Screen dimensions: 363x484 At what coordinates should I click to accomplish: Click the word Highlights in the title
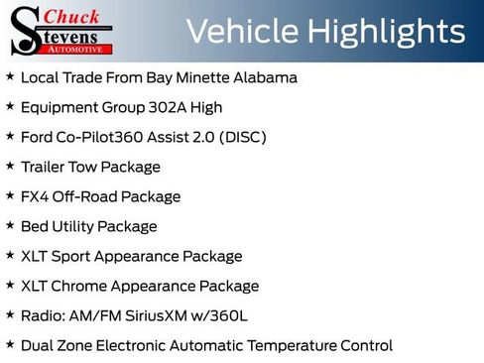click(x=386, y=32)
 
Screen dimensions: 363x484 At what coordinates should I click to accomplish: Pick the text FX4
click(x=35, y=196)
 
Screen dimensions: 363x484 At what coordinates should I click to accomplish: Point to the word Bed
click(x=35, y=226)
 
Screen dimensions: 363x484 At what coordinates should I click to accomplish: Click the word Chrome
click(x=82, y=286)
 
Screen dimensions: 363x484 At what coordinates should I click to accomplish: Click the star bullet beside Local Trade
click(x=10, y=75)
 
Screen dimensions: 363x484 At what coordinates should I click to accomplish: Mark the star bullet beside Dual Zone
click(x=10, y=344)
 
